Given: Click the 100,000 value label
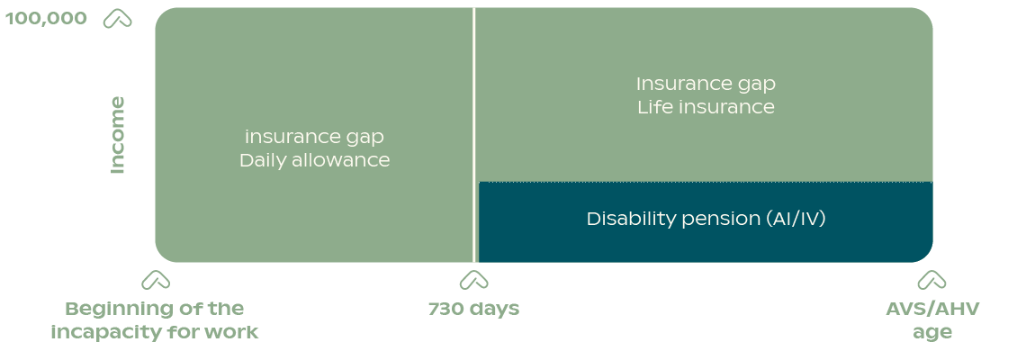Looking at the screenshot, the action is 46,18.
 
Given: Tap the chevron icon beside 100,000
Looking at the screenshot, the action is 118,19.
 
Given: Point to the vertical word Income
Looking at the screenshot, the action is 117,135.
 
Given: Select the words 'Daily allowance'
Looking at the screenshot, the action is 315,160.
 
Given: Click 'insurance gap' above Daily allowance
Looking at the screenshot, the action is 314,138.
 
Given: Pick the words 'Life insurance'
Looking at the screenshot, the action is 706,107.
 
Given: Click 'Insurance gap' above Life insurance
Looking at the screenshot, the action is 706,85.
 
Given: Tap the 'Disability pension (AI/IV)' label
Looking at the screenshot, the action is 706,219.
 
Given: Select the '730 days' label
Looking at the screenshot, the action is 473,309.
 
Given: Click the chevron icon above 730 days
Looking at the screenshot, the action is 473,280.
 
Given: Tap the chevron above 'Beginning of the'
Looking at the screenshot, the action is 156,280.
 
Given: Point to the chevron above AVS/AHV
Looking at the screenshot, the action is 931,280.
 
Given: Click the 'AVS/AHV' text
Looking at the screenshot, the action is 932,309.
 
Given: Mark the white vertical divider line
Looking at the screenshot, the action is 473,135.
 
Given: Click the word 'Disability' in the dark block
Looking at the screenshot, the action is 630,219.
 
